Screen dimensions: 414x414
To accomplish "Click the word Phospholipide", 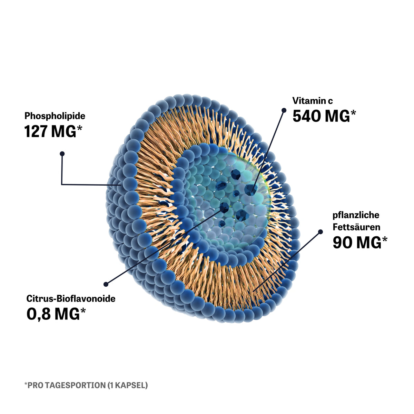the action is (x=55, y=116).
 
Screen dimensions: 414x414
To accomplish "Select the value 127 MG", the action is (x=50, y=131).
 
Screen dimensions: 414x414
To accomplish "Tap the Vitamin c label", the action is (x=312, y=101).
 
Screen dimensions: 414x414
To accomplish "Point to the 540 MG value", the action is (x=321, y=116).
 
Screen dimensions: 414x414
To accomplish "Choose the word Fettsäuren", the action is (x=356, y=227).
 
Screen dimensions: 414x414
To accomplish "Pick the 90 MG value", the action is (x=357, y=243).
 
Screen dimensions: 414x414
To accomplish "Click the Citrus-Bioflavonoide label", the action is (x=71, y=299).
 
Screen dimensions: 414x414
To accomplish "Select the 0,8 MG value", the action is (x=53, y=314).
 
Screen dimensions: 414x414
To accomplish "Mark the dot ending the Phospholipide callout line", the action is (x=62, y=154).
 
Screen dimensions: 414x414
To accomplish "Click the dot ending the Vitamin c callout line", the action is (x=284, y=110).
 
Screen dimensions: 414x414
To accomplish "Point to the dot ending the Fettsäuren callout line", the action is (x=320, y=232).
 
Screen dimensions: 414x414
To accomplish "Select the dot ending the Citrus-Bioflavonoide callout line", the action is (x=106, y=284).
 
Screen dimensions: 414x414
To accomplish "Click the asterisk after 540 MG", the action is (x=353, y=113).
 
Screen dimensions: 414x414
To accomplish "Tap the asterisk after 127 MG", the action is (x=79, y=128).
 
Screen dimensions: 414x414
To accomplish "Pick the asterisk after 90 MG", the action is (x=384, y=239).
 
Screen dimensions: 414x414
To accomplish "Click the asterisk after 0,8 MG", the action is (x=83, y=310).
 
